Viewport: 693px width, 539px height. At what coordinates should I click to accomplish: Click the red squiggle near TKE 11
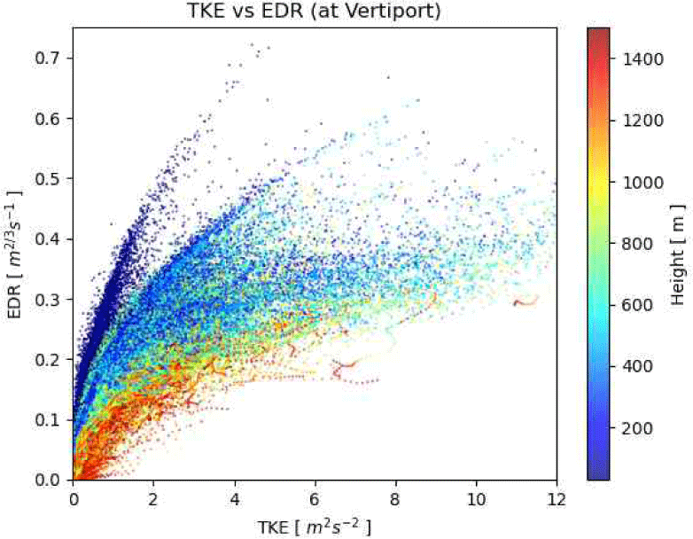click(x=525, y=301)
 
